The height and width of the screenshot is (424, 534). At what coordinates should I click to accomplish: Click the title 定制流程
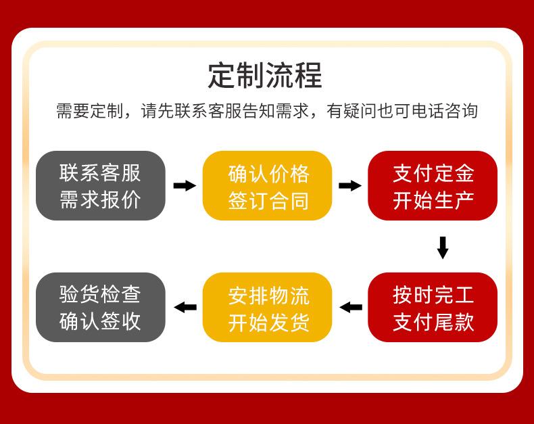click(265, 75)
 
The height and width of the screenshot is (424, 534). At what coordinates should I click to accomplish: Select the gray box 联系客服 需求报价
click(101, 186)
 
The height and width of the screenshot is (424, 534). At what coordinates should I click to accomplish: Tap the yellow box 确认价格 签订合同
click(268, 186)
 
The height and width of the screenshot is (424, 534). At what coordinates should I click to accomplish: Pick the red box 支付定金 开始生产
click(433, 186)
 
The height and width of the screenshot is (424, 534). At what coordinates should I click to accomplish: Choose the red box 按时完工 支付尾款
click(433, 307)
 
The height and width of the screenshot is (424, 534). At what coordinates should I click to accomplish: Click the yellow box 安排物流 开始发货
click(268, 307)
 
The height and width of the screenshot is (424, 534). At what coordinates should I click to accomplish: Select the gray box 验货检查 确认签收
click(101, 307)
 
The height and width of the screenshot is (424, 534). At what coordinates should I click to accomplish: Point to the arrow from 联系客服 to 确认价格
click(185, 186)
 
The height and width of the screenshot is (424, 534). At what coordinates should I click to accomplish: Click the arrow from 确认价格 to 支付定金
click(350, 186)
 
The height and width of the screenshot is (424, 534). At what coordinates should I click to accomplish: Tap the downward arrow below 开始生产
click(443, 248)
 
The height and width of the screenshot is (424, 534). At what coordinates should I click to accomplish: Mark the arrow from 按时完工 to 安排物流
click(351, 308)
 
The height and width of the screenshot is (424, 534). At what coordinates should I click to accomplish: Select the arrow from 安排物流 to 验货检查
click(185, 308)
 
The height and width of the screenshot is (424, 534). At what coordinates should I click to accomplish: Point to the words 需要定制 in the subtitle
click(90, 111)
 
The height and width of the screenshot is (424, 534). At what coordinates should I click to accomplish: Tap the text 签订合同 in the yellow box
click(269, 201)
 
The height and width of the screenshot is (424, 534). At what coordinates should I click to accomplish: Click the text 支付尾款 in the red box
click(433, 322)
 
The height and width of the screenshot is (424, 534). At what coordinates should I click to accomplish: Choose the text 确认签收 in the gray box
click(100, 321)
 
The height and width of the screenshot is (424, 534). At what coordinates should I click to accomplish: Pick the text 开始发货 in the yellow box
click(269, 322)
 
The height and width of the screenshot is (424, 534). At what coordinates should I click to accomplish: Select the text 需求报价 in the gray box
click(100, 199)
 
